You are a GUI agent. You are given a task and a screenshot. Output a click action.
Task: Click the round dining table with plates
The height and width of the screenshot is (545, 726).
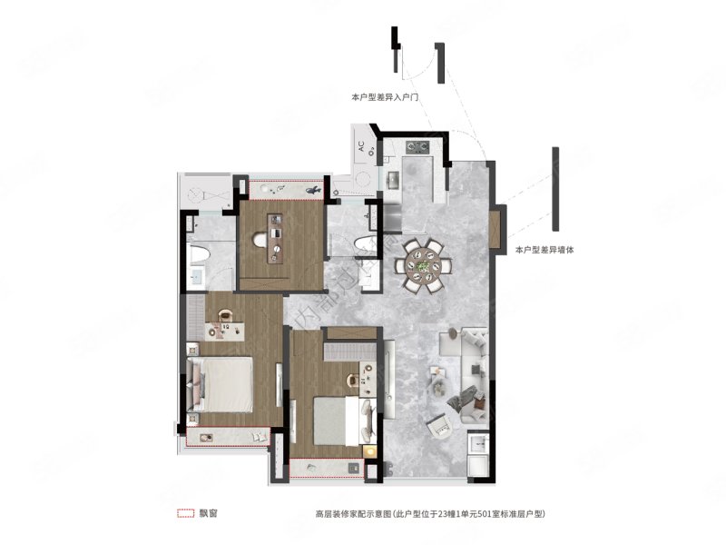pos(424,264)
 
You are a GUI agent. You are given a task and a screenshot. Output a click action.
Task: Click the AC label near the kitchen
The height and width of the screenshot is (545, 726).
pos(360,145)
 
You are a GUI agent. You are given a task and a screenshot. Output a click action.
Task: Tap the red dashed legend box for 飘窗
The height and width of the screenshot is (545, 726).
pos(186,513)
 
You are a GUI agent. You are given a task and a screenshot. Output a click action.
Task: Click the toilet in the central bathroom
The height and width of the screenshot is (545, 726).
pos(364,243)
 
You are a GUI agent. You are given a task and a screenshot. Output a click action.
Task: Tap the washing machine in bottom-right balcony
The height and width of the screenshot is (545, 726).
pos(478,449)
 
